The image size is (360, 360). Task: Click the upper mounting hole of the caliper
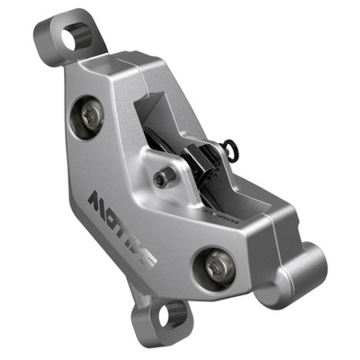click(x=72, y=37)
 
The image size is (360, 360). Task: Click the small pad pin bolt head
click(x=162, y=178)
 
